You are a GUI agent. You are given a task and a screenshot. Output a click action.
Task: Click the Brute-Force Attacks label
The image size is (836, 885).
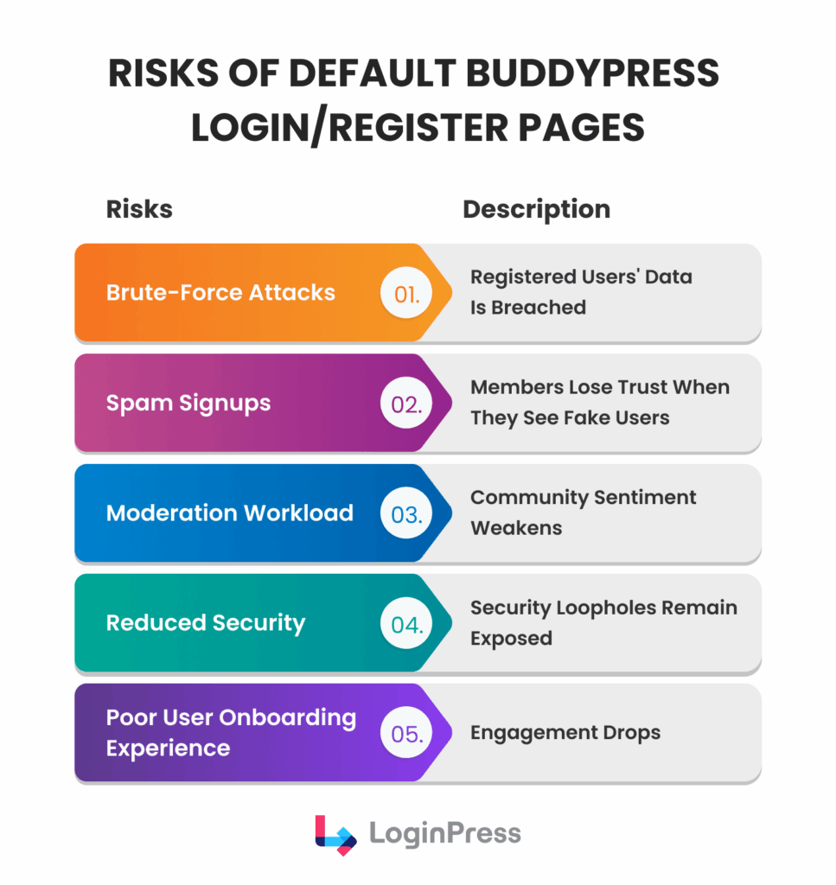tap(220, 292)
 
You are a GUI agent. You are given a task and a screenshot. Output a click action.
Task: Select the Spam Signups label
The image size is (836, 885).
tap(188, 403)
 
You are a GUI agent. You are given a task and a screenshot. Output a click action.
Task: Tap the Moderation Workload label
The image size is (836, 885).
tap(229, 513)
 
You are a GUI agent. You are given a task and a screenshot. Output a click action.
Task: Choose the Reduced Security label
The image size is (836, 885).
tap(206, 623)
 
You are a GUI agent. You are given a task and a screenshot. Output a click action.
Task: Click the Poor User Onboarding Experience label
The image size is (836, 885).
tap(231, 733)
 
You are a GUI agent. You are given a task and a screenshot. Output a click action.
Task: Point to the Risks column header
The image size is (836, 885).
tap(139, 209)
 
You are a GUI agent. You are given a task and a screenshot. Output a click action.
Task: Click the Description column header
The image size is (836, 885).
tap(536, 209)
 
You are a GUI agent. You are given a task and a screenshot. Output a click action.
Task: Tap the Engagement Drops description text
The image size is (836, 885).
tap(565, 733)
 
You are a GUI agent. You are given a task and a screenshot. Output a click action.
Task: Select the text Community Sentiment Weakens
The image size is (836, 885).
tap(583, 513)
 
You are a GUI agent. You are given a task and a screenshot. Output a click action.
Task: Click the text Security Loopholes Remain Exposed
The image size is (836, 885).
tap(603, 622)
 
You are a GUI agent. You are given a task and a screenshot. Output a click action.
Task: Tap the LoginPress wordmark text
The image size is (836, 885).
tap(445, 834)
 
